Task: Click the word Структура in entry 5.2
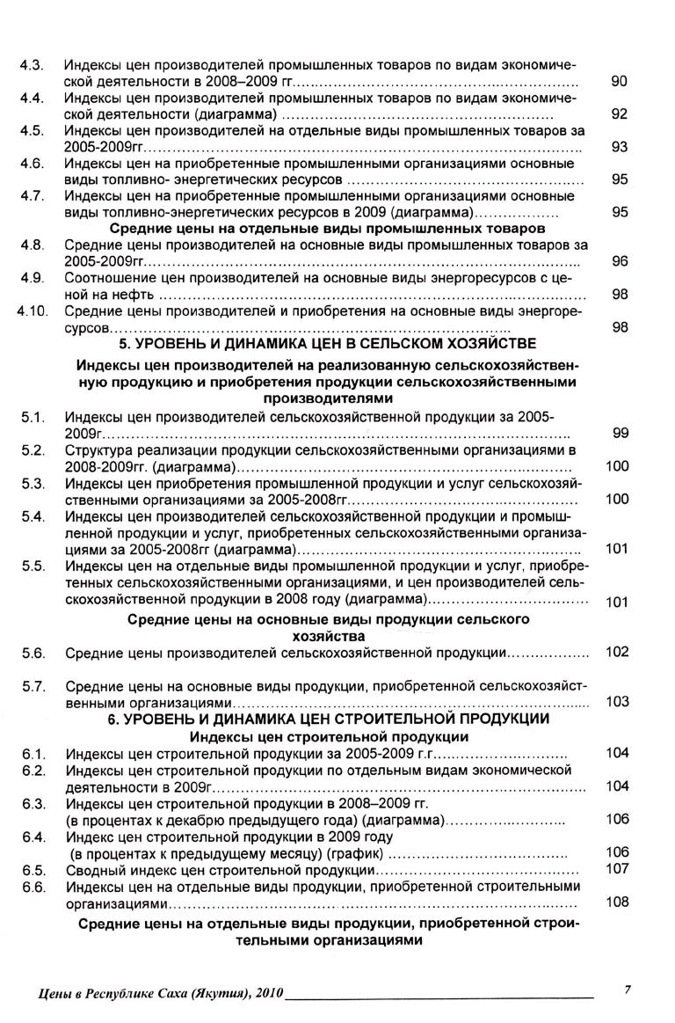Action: coord(98,450)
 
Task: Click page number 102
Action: coord(618,652)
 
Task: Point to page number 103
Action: coord(618,702)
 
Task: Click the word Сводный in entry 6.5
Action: coord(93,870)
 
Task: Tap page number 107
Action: coord(618,868)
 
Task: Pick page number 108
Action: coord(618,902)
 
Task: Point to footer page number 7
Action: coord(628,990)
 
